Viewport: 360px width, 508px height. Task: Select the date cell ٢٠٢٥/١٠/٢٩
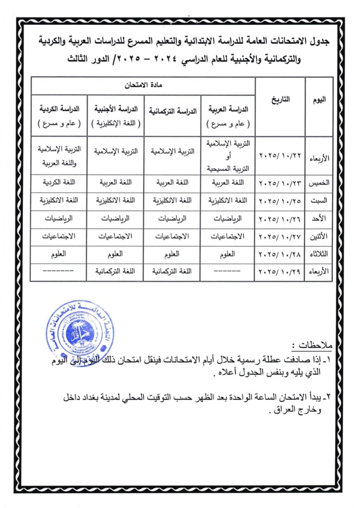(280, 273)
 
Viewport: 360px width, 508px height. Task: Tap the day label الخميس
(320, 184)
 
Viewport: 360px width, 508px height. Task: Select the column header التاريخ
(280, 100)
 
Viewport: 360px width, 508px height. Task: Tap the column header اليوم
(320, 100)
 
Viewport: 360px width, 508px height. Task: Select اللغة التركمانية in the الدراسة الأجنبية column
(115, 272)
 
